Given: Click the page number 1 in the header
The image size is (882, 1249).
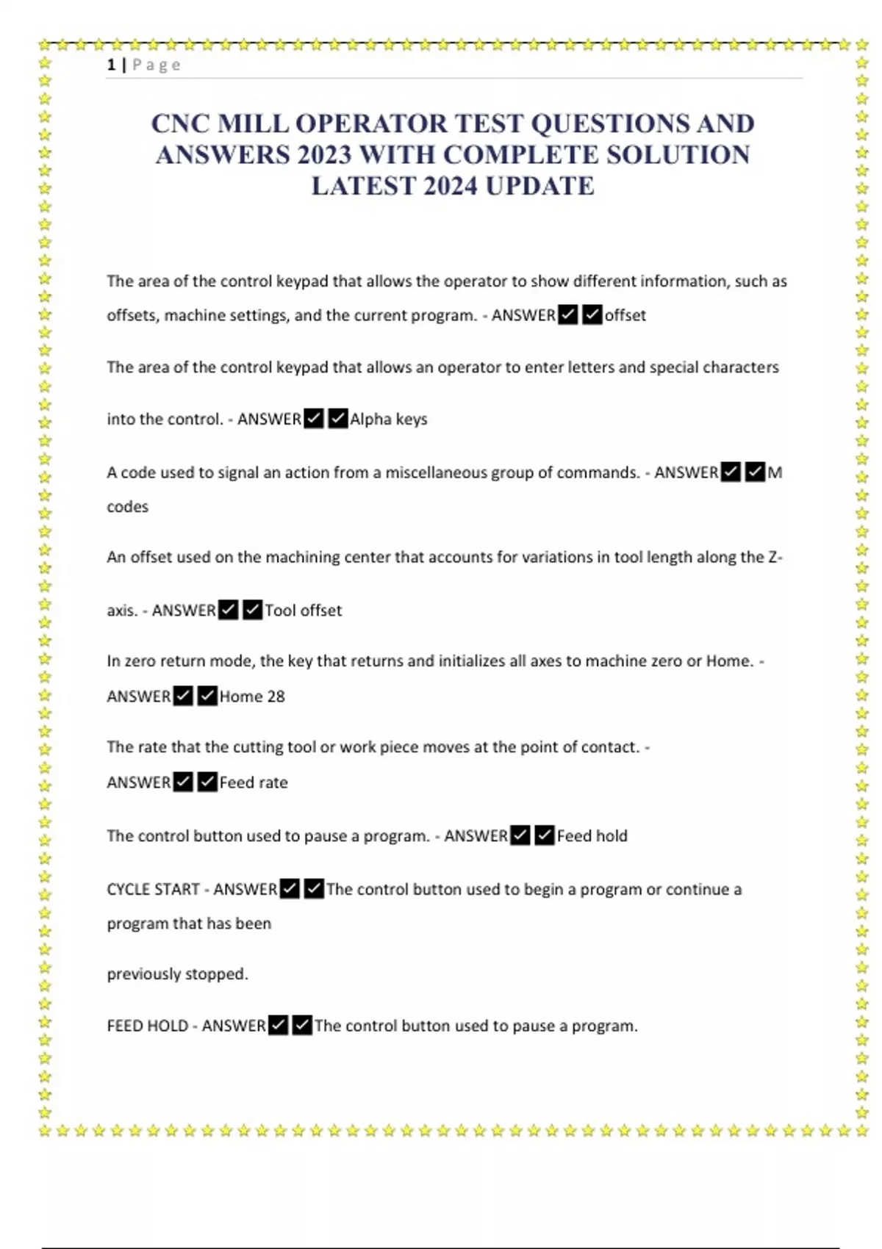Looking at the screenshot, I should pyautogui.click(x=111, y=65).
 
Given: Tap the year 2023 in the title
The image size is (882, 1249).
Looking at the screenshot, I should pyautogui.click(x=325, y=155).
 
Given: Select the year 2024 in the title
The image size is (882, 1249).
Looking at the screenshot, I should pyautogui.click(x=451, y=186).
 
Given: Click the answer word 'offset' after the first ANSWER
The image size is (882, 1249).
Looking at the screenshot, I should pyautogui.click(x=625, y=315).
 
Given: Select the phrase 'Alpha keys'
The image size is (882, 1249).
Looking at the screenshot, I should pyautogui.click(x=388, y=420).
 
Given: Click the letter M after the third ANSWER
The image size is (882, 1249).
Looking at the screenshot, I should pyautogui.click(x=775, y=472).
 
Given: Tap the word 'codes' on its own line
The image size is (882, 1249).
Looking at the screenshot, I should pyautogui.click(x=127, y=506).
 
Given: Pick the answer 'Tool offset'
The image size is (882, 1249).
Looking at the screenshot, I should pyautogui.click(x=303, y=611).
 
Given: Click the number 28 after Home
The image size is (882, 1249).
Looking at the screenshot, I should pyautogui.click(x=276, y=697).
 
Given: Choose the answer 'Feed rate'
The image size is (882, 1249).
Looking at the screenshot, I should pyautogui.click(x=254, y=782).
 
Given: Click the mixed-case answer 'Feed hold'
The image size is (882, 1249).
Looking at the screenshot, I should pyautogui.click(x=592, y=836).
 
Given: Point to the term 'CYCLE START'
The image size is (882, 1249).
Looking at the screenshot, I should pyautogui.click(x=153, y=890).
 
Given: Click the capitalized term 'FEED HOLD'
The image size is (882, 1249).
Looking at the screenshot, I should pyautogui.click(x=147, y=1026).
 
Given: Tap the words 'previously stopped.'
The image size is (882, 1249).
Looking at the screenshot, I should pyautogui.click(x=177, y=974).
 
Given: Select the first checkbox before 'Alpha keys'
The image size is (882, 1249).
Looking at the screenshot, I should pyautogui.click(x=314, y=419).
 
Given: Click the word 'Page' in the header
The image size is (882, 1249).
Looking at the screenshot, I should pyautogui.click(x=156, y=65).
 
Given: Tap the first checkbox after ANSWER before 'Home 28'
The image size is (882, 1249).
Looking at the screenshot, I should pyautogui.click(x=183, y=696).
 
